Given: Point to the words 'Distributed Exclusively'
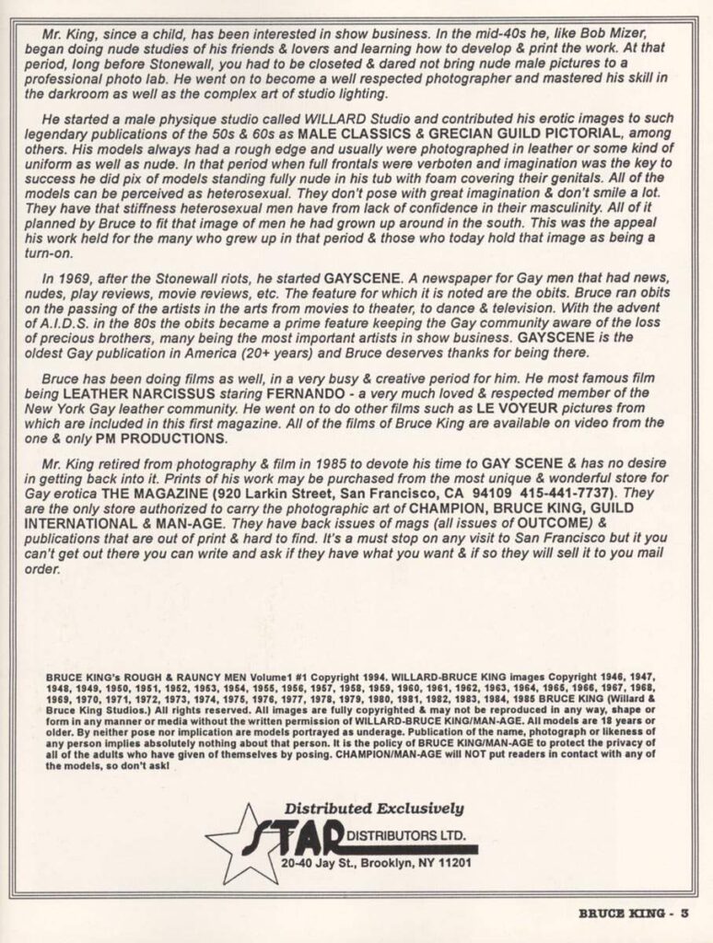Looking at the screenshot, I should [374, 809].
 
